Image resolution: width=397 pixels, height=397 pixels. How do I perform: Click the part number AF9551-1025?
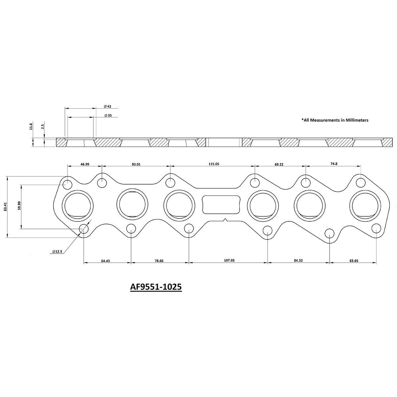pos(156,287)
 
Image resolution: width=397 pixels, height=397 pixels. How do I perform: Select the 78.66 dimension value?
pos(159,261)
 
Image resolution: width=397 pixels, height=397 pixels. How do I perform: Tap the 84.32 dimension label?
pos(298,261)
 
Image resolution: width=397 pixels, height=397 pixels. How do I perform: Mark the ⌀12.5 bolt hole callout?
pos(57,252)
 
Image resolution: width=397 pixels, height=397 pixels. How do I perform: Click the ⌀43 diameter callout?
pos(107,107)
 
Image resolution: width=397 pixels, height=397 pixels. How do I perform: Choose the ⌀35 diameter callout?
pos(107,116)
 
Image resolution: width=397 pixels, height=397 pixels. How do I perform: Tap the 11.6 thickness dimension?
pos(31,126)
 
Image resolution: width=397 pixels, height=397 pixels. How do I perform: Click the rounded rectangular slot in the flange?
pos(221,204)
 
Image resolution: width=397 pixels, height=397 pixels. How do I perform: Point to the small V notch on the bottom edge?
pos(225,220)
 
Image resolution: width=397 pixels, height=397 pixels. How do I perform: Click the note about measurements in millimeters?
pos(334,120)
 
